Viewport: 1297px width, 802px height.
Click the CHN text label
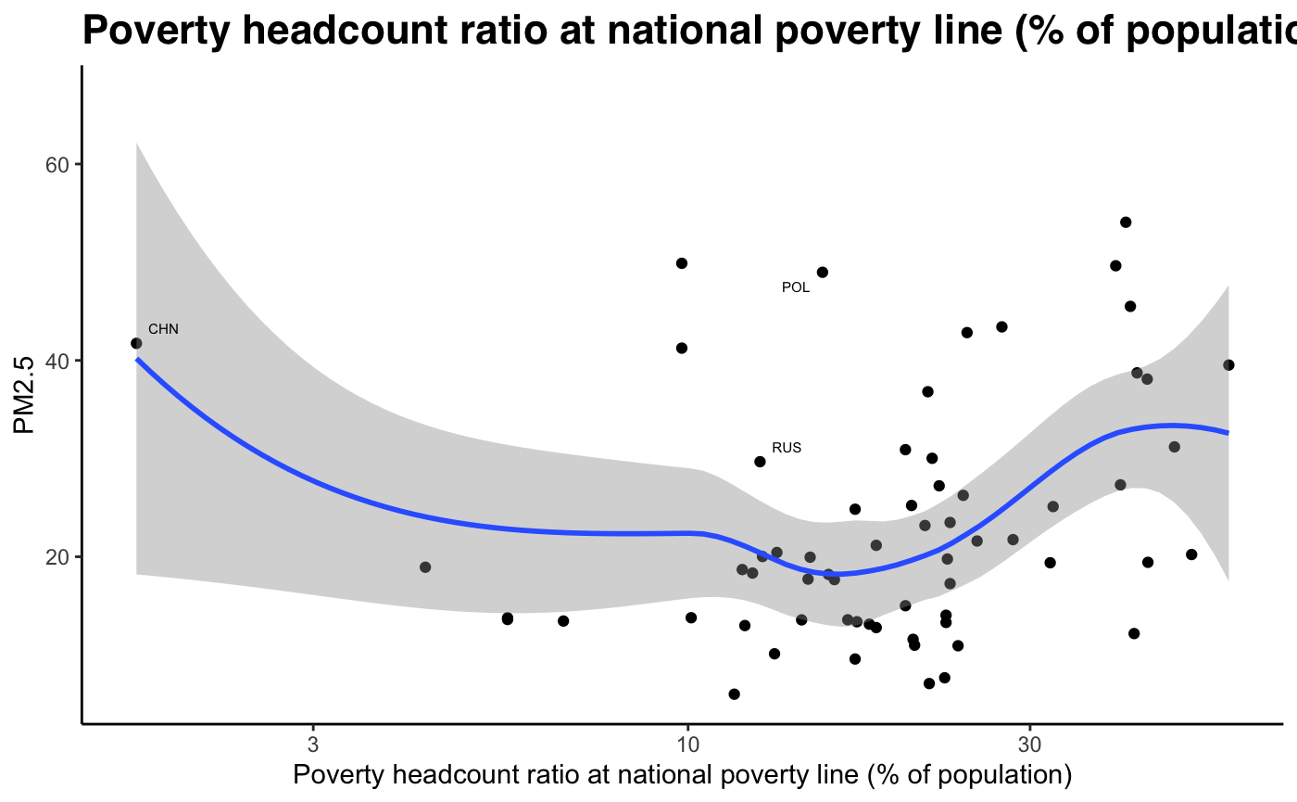coord(163,329)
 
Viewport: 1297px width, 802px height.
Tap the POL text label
coord(796,287)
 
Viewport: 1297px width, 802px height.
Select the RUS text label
coord(787,448)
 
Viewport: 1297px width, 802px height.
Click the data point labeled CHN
coord(136,343)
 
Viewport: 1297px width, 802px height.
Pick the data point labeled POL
coord(822,273)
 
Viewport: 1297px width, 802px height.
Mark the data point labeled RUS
coord(760,462)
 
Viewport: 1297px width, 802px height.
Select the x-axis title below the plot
coord(683,774)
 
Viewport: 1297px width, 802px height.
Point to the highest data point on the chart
coord(1126,223)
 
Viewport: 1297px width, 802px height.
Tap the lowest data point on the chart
coord(734,694)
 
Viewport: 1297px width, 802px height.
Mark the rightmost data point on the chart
coord(1228,365)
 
